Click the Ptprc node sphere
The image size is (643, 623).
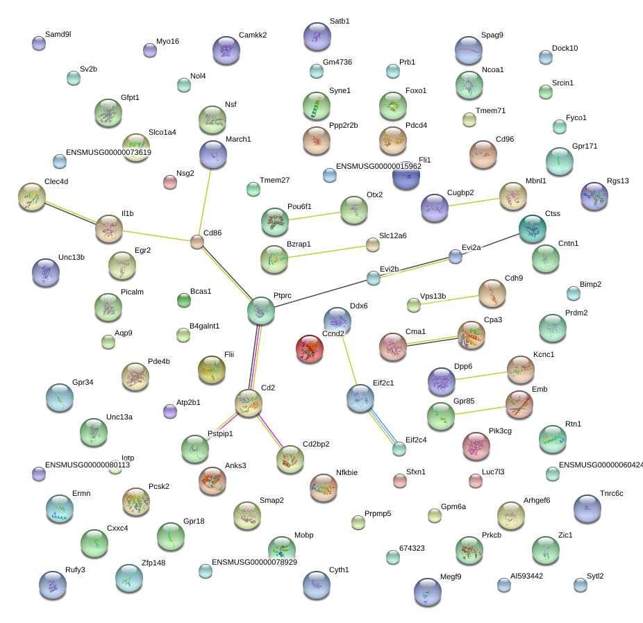261,310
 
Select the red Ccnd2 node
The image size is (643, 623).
310,349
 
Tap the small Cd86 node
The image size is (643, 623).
197,242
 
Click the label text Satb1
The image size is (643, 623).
340,22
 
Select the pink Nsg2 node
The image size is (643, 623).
169,182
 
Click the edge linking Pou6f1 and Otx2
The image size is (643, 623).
315,215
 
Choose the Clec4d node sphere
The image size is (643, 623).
31,197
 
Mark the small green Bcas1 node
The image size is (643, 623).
183,300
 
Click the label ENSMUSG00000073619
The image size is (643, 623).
108,152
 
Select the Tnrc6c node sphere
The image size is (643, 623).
587,508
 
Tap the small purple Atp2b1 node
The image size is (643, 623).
170,411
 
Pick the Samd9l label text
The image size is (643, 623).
58,34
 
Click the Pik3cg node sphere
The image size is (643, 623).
476,446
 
